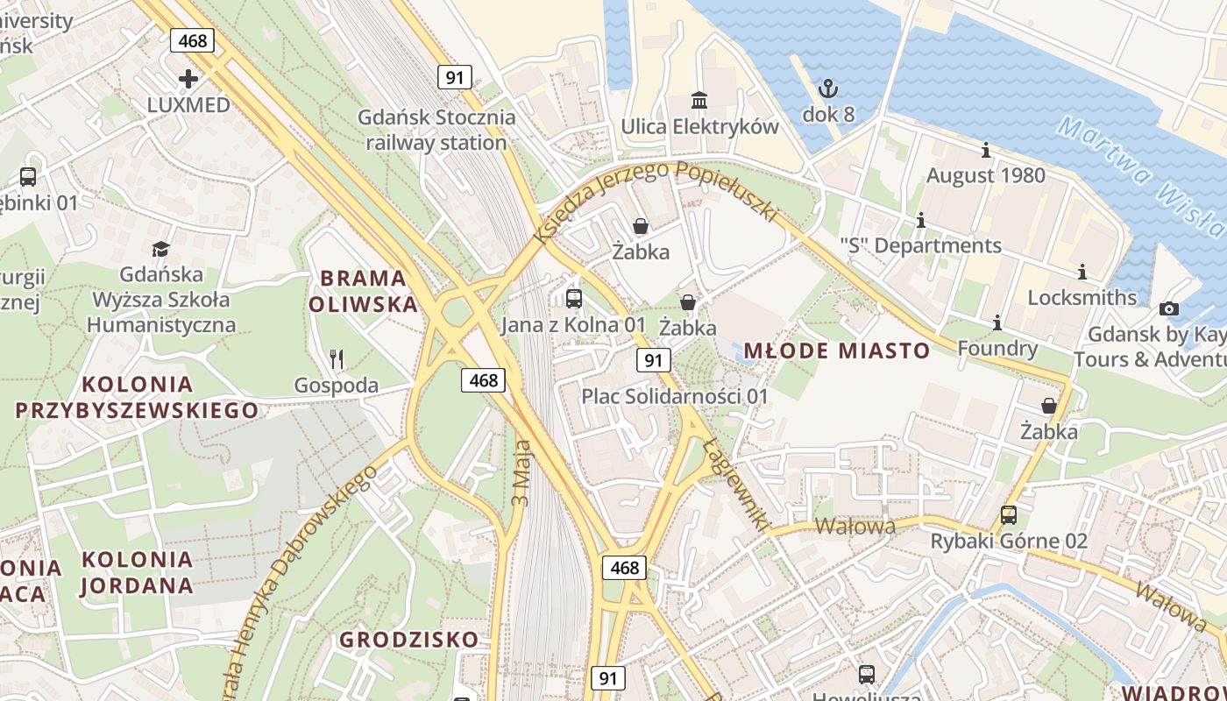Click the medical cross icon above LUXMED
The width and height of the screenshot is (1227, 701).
coord(188,79)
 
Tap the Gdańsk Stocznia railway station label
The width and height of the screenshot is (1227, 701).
coord(436,130)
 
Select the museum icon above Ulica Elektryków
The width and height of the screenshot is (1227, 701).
coord(699,101)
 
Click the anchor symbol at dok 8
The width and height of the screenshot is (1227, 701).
coord(828,89)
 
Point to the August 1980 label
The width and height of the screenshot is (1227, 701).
coord(986,175)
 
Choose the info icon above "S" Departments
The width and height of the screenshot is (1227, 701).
coord(920,221)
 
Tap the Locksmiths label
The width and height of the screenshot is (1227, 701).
coord(1082,297)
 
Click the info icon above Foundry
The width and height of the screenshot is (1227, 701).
coord(997,323)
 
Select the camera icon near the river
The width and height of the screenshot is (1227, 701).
coord(1168,308)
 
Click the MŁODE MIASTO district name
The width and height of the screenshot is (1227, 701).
coord(837,351)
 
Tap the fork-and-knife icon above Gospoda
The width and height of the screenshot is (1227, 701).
coord(336,358)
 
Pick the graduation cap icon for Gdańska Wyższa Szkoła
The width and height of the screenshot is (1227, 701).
coord(160,250)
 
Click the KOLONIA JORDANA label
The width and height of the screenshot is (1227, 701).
coord(137,572)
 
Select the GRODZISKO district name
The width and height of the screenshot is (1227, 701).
coord(409,640)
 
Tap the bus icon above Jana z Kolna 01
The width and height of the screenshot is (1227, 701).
coord(574,299)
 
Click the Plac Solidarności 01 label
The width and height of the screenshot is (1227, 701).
coord(675,396)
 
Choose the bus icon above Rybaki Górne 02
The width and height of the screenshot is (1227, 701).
coord(1009,514)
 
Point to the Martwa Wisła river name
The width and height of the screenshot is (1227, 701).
coord(1139,175)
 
